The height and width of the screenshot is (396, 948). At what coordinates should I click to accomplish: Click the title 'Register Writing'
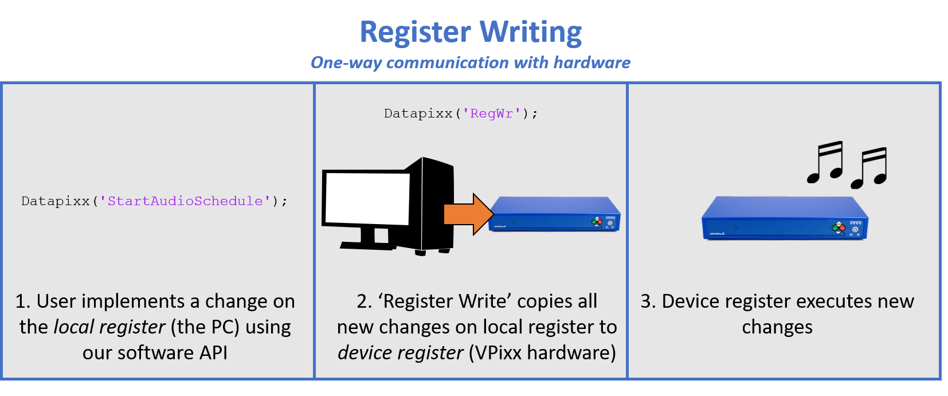[471, 32]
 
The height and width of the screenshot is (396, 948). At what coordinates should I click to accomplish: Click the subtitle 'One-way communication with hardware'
[471, 62]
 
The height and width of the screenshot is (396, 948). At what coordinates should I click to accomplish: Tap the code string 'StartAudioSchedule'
[185, 201]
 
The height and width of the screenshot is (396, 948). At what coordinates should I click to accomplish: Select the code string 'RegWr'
[491, 113]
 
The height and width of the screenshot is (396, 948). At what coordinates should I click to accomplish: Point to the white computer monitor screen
[367, 198]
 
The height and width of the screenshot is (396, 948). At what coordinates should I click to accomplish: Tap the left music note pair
[825, 162]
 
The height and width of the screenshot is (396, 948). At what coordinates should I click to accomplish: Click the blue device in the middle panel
[554, 214]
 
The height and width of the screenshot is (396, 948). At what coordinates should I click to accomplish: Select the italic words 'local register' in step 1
[109, 327]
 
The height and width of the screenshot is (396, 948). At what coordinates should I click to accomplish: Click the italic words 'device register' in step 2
[400, 353]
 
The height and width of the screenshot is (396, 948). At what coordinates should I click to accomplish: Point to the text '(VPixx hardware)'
[542, 353]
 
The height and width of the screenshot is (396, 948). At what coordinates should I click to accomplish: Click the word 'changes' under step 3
[777, 327]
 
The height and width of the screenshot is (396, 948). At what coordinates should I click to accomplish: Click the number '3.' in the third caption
[648, 301]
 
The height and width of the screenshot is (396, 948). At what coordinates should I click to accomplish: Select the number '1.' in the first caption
[23, 301]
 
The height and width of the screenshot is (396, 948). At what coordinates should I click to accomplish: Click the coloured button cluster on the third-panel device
[839, 228]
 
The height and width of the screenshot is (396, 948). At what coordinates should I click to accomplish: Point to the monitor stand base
[367, 245]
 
